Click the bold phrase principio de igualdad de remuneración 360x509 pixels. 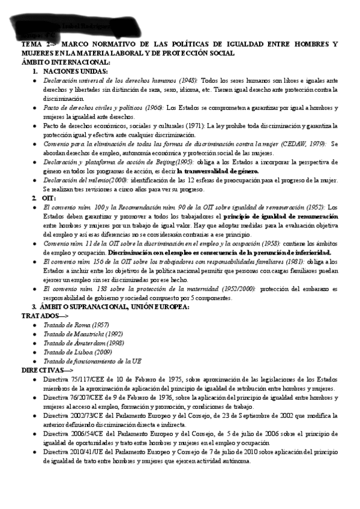[277, 216]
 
